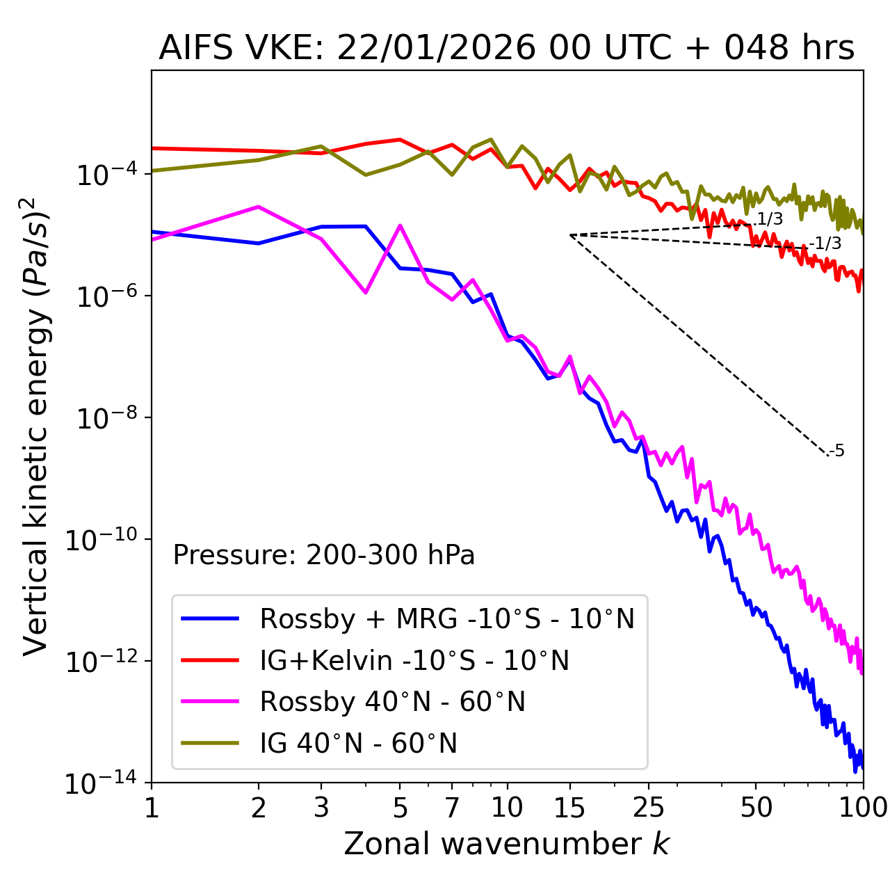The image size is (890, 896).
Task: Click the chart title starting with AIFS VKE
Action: pyautogui.click(x=506, y=49)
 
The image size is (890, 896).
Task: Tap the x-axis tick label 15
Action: pyautogui.click(x=570, y=808)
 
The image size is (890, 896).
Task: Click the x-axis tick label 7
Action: pyautogui.click(x=452, y=808)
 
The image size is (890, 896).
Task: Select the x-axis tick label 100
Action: pyautogui.click(x=863, y=808)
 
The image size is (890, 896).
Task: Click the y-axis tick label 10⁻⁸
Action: pyautogui.click(x=105, y=419)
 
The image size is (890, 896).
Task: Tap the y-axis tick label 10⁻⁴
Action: pyautogui.click(x=105, y=175)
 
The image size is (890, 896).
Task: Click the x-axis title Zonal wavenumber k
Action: pyautogui.click(x=506, y=844)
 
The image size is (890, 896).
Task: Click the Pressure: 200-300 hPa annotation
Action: pyautogui.click(x=324, y=555)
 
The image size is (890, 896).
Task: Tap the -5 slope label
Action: pyautogui.click(x=837, y=451)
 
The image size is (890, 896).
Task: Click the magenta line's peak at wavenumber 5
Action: pyautogui.click(x=400, y=225)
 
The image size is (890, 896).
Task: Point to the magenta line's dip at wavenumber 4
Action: pyautogui.click(x=366, y=293)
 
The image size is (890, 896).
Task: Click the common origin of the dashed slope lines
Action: pyautogui.click(x=570, y=235)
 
